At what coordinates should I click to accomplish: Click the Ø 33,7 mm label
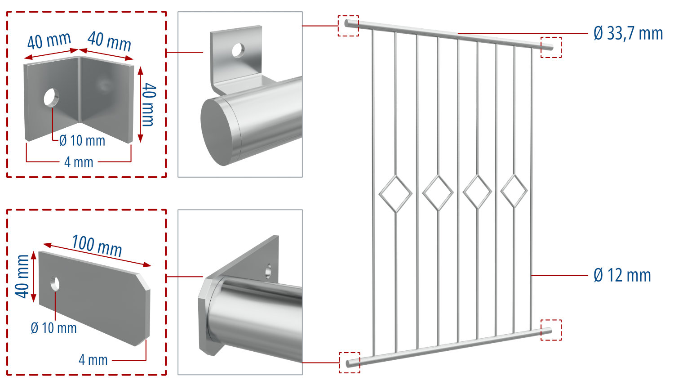[628, 33]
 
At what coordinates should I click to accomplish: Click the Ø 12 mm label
[622, 275]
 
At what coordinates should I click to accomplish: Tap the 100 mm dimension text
[97, 245]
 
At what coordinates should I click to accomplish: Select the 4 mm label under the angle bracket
[79, 162]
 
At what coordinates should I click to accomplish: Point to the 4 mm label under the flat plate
[93, 360]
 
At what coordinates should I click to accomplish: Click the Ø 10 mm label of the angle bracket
[82, 141]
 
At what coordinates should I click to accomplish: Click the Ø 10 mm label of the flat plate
[53, 328]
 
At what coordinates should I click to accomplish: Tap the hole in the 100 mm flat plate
[55, 283]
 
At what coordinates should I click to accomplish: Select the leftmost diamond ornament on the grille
[395, 194]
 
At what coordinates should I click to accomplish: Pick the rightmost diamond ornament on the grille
[514, 191]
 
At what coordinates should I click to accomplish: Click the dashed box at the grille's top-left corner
[348, 26]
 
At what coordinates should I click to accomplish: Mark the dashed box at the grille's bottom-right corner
[551, 330]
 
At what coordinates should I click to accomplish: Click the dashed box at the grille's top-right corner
[551, 47]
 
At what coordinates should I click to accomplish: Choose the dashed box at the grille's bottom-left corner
[350, 363]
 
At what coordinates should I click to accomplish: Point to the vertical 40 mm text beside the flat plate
[22, 276]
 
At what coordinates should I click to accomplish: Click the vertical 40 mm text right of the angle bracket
[149, 104]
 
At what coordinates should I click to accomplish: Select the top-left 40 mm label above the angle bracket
[49, 41]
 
